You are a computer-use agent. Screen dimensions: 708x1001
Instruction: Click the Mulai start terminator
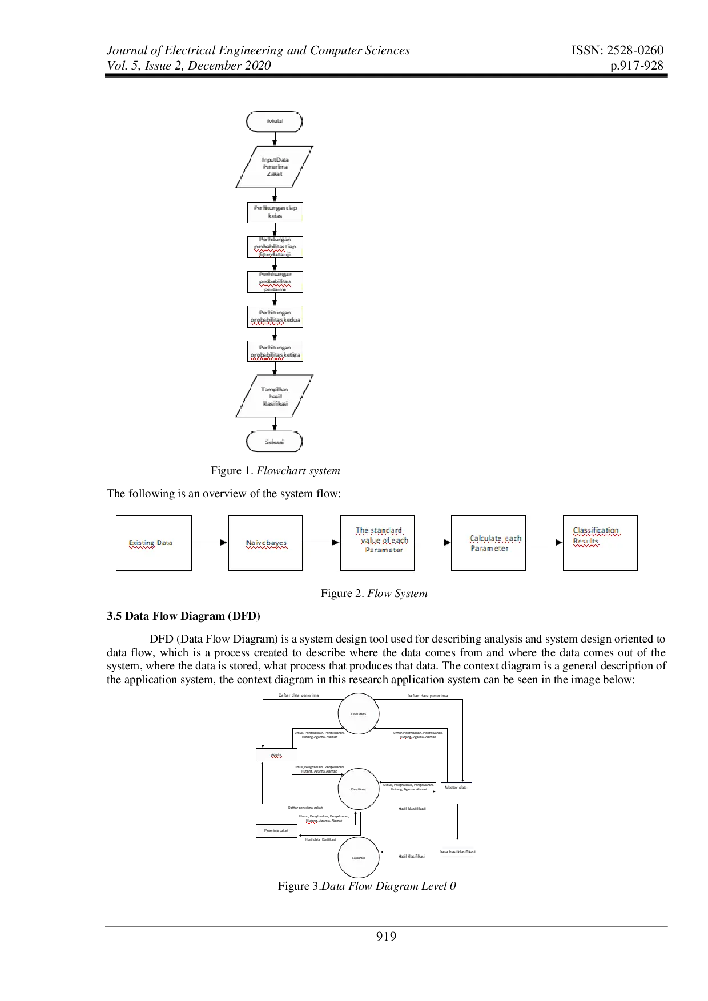point(275,122)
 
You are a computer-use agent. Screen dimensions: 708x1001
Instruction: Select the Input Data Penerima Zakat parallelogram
point(275,167)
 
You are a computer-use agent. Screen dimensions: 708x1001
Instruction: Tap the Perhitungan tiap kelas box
point(275,212)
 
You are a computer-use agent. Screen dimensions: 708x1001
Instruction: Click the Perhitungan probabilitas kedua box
point(275,317)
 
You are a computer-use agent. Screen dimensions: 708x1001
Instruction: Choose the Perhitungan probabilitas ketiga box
point(275,351)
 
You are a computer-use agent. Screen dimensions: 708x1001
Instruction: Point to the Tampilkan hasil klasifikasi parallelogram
point(275,396)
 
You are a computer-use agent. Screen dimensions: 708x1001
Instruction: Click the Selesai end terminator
point(275,442)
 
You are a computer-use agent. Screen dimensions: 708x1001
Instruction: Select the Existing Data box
point(154,543)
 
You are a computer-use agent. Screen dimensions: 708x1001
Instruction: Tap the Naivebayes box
point(265,543)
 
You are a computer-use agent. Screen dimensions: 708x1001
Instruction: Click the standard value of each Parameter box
point(377,543)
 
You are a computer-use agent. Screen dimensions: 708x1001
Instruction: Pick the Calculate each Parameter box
point(488,543)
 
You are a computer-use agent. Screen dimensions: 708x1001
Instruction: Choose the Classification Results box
point(600,543)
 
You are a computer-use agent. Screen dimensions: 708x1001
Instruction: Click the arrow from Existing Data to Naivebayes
point(210,543)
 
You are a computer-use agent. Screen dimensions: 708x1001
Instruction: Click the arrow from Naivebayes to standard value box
point(321,543)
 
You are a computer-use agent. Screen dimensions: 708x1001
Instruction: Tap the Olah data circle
point(359,714)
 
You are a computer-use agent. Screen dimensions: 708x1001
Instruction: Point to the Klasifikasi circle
point(359,790)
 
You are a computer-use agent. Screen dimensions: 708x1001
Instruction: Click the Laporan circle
point(359,858)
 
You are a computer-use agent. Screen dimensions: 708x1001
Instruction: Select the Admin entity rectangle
point(276,755)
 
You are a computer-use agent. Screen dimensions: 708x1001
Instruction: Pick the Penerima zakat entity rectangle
point(276,830)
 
